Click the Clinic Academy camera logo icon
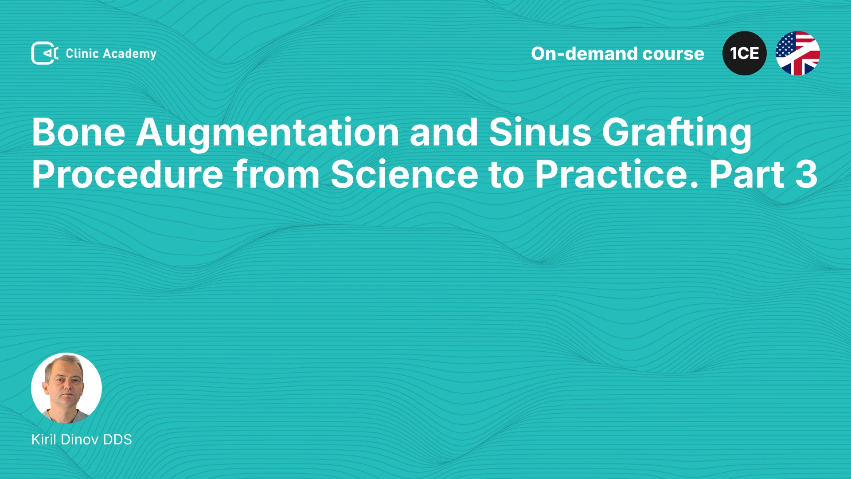tap(45, 53)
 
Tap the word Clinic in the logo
tap(82, 53)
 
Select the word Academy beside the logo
tap(129, 54)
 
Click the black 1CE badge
tap(745, 53)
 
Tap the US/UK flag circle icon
tap(798, 53)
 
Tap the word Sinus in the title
tap(540, 132)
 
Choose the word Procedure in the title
tap(128, 174)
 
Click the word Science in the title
tap(405, 174)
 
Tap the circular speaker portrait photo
tap(66, 388)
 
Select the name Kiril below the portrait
tap(44, 439)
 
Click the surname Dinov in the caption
tap(79, 439)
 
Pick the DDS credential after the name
tap(117, 439)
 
